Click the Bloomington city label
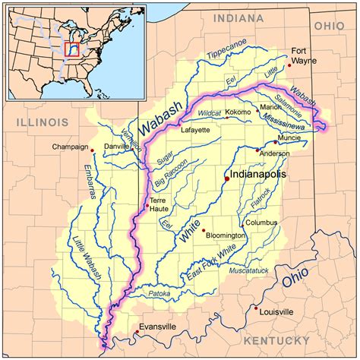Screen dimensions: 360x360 tap(226, 236)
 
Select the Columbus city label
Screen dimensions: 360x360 tap(261, 223)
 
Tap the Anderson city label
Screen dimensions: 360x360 tap(275, 153)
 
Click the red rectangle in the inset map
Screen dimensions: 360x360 tap(72, 50)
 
